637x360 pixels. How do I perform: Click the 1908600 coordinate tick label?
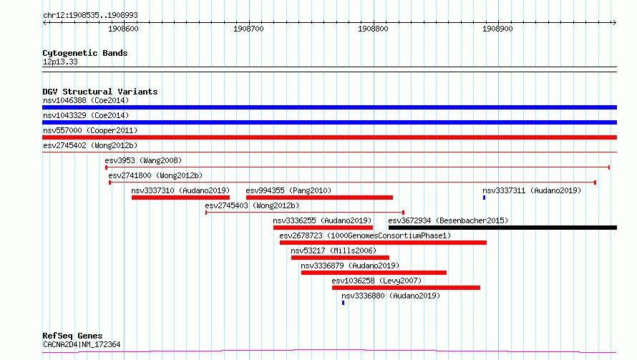pos(123,29)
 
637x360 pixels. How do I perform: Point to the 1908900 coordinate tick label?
pos(497,29)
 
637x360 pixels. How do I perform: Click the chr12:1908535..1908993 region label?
pos(90,16)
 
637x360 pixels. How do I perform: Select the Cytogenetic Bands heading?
pos(85,53)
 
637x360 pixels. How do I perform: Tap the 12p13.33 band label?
pos(60,62)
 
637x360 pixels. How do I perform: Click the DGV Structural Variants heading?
pos(100,92)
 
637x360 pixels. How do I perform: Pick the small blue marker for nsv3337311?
pos(485,198)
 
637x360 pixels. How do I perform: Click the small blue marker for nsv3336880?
pos(344,303)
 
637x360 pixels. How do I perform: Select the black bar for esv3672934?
pos(503,228)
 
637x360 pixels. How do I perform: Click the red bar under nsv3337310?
pos(181,198)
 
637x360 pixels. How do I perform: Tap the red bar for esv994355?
pos(319,198)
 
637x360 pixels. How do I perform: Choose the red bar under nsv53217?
pos(341,258)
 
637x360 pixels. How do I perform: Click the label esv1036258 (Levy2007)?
pos(376,281)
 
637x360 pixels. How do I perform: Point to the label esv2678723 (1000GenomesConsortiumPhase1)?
pos(365,235)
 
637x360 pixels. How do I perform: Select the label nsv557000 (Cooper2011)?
pos(90,130)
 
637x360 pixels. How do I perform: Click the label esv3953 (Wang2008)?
pos(143,160)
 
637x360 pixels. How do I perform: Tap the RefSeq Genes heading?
pos(73,336)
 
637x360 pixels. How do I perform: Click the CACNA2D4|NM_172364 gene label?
pos(82,344)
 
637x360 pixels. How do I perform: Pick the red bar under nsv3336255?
pos(324,228)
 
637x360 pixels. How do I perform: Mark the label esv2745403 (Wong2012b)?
pos(252,205)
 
